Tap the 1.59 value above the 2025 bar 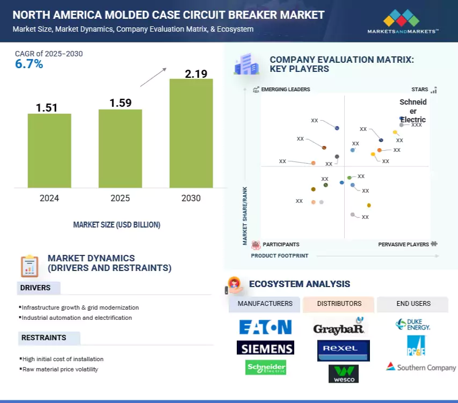[120, 102]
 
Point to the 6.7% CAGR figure [29, 64]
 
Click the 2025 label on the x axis [120, 198]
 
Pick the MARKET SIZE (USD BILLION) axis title [117, 224]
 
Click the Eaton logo [265, 327]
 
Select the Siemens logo [265, 348]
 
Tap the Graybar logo [339, 327]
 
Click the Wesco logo [343, 373]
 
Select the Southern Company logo [421, 367]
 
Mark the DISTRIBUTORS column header [339, 304]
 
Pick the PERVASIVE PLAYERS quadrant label [404, 244]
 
